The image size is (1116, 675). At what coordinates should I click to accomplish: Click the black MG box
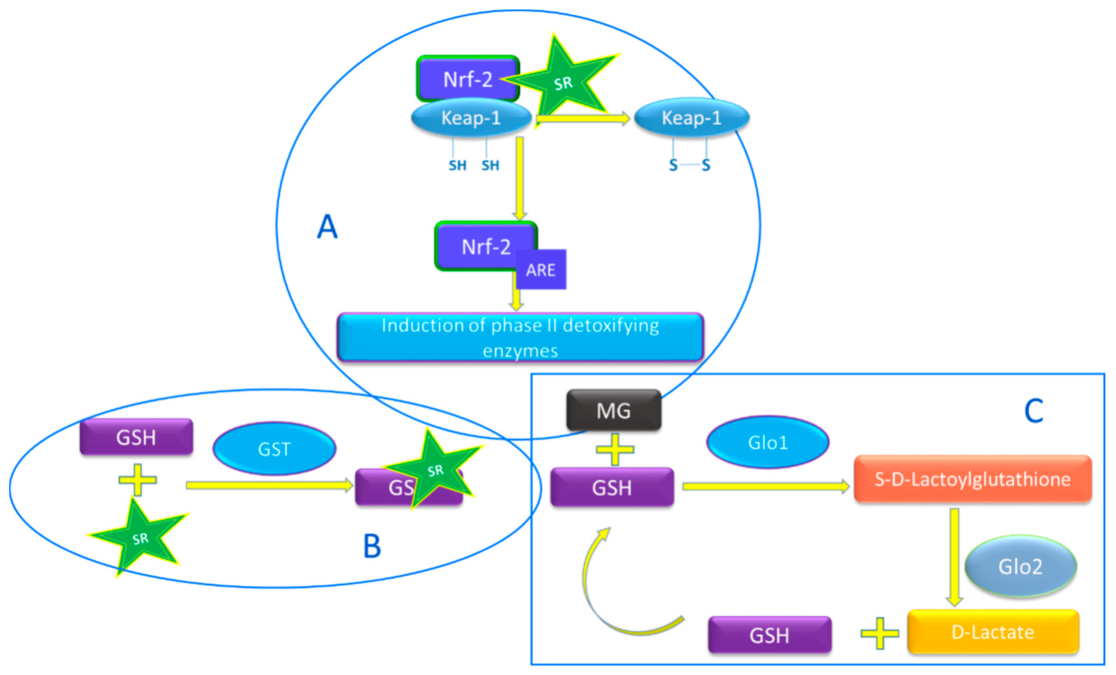click(613, 410)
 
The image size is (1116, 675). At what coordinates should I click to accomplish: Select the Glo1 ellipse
click(768, 442)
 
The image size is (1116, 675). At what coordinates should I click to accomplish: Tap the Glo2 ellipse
click(1020, 566)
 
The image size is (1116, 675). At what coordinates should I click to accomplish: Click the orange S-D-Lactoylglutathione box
click(972, 479)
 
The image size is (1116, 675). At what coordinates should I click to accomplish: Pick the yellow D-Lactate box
click(993, 631)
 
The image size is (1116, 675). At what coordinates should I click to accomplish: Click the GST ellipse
click(274, 448)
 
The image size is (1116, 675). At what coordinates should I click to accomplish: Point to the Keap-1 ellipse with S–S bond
click(691, 117)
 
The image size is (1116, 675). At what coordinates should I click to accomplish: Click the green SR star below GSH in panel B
click(138, 537)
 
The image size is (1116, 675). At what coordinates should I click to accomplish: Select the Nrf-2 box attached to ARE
click(480, 247)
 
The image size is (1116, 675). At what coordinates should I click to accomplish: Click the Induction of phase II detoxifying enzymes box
click(520, 337)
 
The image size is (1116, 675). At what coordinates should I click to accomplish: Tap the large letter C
click(1034, 411)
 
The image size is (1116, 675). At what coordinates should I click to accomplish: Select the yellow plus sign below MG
click(615, 449)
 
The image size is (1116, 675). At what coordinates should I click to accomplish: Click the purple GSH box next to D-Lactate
click(769, 635)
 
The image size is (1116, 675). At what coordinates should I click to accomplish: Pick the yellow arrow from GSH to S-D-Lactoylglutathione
click(765, 486)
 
